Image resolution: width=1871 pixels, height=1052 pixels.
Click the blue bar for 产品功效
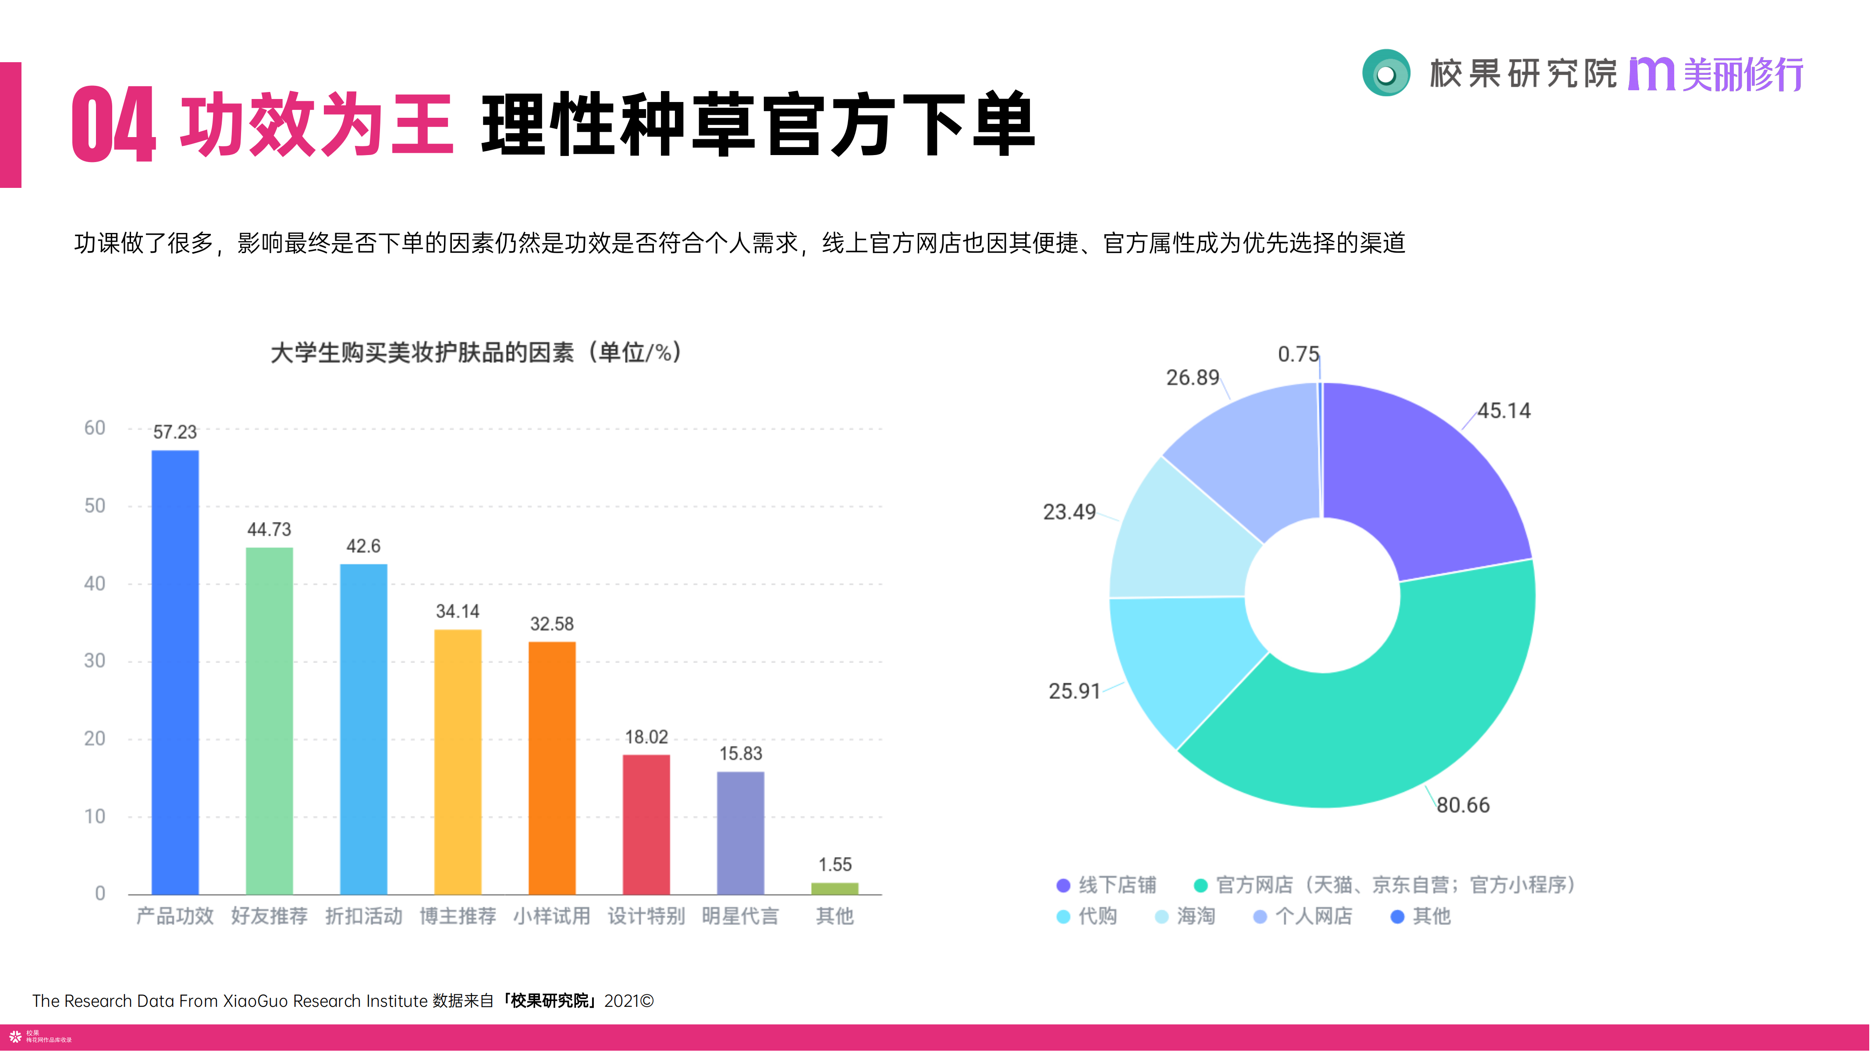point(174,671)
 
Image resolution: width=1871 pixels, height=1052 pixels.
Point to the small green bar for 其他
point(834,888)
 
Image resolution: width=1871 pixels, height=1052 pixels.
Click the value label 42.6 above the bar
point(363,546)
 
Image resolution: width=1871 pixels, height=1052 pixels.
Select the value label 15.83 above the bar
point(740,754)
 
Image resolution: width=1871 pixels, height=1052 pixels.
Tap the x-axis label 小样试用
point(551,916)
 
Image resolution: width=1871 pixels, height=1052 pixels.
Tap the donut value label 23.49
point(1069,512)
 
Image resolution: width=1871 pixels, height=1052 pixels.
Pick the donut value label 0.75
point(1298,354)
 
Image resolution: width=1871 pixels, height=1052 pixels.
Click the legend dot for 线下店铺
point(1063,885)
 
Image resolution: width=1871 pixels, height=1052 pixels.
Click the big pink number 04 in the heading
point(114,125)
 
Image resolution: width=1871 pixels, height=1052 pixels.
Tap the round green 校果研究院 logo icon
point(1386,73)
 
